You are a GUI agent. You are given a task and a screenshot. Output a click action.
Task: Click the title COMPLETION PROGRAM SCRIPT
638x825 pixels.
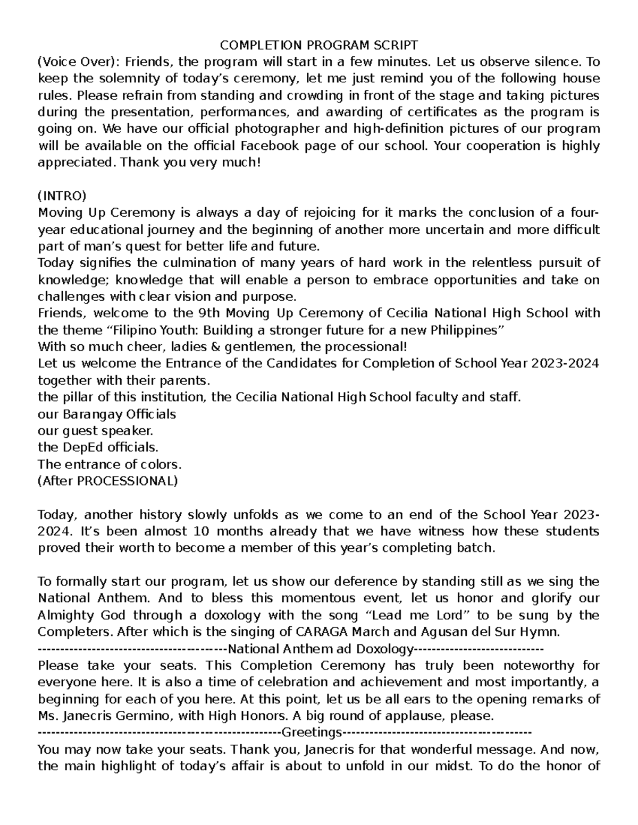[x=319, y=45]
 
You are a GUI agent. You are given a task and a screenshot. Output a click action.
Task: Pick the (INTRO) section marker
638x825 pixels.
[x=62, y=196]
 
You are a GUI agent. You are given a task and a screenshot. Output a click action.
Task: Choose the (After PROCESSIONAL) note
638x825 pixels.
[x=108, y=481]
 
